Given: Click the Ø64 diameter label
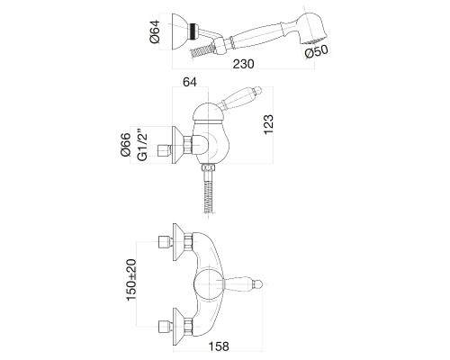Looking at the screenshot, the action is pos(155,31).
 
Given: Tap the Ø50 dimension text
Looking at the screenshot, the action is pos(316,51).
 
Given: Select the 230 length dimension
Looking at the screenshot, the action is pos(244,64).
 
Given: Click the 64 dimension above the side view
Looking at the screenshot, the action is pos(190,82).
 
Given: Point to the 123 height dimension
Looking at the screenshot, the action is pos(268,124).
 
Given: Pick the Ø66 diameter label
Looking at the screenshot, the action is pos(125,144).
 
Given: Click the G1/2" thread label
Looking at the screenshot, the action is pos(143,145).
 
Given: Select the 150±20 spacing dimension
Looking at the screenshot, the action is pos(131,279).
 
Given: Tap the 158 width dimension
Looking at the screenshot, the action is pos(219,346).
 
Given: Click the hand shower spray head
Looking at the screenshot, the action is pos(312,26).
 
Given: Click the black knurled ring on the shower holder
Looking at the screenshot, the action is pos(193,31).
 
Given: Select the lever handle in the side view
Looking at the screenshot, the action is pos(241,97).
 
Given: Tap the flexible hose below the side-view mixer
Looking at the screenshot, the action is pos(209,193).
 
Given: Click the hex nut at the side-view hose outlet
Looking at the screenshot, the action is pos(209,168).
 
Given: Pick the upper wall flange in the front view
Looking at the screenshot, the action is pos(179,242).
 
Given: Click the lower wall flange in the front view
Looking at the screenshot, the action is pos(179,326).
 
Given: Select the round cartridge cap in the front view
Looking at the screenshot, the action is pos(208,284).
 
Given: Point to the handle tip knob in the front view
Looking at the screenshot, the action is pos(257,284).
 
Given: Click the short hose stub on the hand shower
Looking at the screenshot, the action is pos(201,51).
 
